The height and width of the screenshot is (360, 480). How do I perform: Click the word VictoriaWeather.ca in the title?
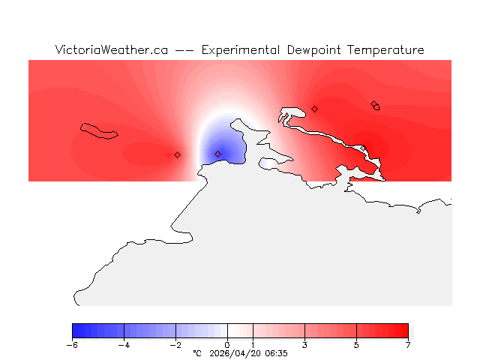click(111, 50)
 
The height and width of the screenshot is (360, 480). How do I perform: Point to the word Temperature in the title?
click(386, 50)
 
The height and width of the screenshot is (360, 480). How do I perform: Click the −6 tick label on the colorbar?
click(72, 345)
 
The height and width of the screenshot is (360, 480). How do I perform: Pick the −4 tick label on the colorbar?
click(124, 345)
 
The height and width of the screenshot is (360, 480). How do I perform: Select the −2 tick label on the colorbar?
click(175, 345)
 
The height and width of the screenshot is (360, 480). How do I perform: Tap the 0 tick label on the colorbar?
click(227, 345)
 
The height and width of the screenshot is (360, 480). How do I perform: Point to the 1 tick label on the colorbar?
click(253, 345)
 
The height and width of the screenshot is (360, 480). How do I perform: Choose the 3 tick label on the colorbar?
click(304, 345)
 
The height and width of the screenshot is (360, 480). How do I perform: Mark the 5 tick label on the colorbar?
click(356, 345)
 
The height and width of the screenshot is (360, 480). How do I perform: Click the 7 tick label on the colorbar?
click(408, 345)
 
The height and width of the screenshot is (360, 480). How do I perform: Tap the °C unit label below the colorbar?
click(197, 352)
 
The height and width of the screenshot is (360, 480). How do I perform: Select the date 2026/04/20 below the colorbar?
click(235, 352)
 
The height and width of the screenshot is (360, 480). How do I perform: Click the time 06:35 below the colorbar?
click(275, 352)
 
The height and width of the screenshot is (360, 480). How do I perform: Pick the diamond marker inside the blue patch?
click(217, 154)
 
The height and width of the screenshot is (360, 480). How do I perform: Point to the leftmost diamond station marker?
click(177, 154)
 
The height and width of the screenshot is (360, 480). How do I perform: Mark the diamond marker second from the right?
click(314, 109)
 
